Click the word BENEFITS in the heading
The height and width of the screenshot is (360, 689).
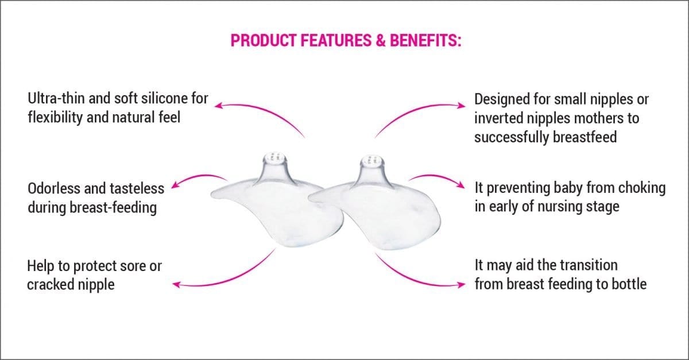[x=425, y=40]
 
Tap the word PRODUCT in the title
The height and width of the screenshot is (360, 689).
[x=264, y=40]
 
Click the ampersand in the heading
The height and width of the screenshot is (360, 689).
[x=381, y=40]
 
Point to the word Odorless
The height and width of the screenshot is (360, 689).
[x=54, y=188]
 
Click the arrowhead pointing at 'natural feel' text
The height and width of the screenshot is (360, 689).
[x=218, y=106]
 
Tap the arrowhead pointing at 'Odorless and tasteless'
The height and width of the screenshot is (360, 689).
[x=175, y=185]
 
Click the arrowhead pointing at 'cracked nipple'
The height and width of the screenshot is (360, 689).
[x=177, y=285]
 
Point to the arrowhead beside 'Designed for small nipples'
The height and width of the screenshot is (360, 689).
[x=462, y=106]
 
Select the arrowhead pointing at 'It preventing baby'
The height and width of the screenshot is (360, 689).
[x=461, y=185]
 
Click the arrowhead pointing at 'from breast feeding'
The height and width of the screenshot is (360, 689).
[x=461, y=285]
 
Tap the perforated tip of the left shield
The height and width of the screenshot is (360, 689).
[x=276, y=157]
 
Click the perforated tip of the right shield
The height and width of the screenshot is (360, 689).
[x=372, y=160]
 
